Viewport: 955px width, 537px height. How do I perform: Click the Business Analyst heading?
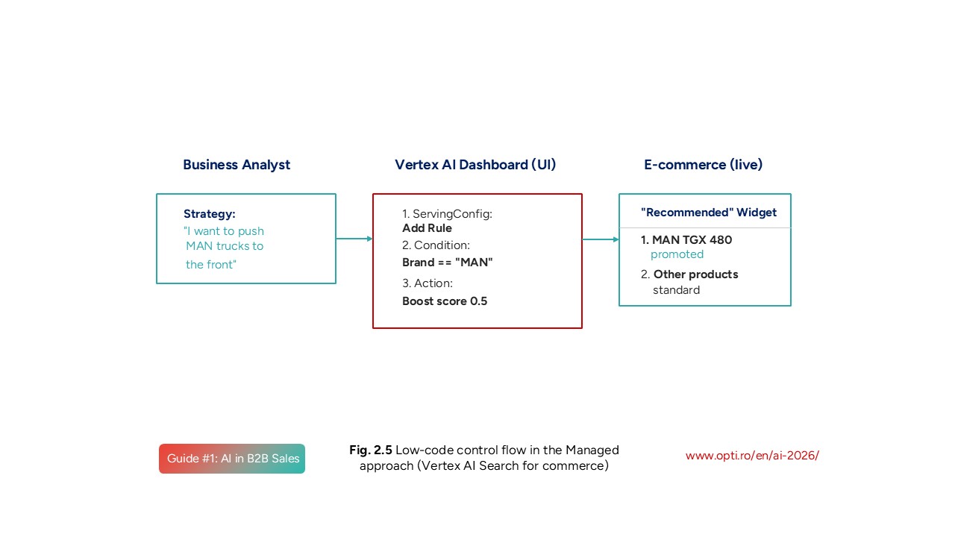click(x=237, y=165)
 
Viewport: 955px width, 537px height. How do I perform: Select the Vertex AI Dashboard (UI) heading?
click(x=475, y=165)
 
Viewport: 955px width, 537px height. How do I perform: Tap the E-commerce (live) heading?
click(x=703, y=165)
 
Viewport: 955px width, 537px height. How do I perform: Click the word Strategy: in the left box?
click(x=210, y=214)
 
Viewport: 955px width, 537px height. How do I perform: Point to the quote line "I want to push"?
click(x=224, y=231)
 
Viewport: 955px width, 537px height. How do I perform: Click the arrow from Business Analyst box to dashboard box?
click(x=354, y=239)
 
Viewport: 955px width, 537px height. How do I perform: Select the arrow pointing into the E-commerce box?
click(x=601, y=239)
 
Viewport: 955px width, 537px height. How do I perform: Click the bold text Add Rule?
click(x=427, y=228)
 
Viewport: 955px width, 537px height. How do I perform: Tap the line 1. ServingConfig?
click(x=447, y=214)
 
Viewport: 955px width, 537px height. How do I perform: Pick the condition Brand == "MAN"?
click(x=448, y=263)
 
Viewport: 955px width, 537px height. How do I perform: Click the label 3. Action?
click(x=428, y=283)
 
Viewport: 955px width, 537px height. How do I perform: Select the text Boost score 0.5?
click(x=445, y=301)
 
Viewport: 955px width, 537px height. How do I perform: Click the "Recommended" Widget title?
click(x=709, y=213)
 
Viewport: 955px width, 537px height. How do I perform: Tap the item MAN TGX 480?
click(x=692, y=240)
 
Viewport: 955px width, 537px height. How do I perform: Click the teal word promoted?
click(x=677, y=254)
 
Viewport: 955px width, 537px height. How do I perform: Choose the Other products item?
click(x=695, y=274)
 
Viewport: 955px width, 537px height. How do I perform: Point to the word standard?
click(x=676, y=290)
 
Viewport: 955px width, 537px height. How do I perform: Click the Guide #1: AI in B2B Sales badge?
click(x=232, y=459)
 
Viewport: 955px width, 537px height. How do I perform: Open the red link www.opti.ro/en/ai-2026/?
click(x=752, y=456)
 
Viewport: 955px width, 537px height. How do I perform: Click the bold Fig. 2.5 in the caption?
click(x=371, y=450)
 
